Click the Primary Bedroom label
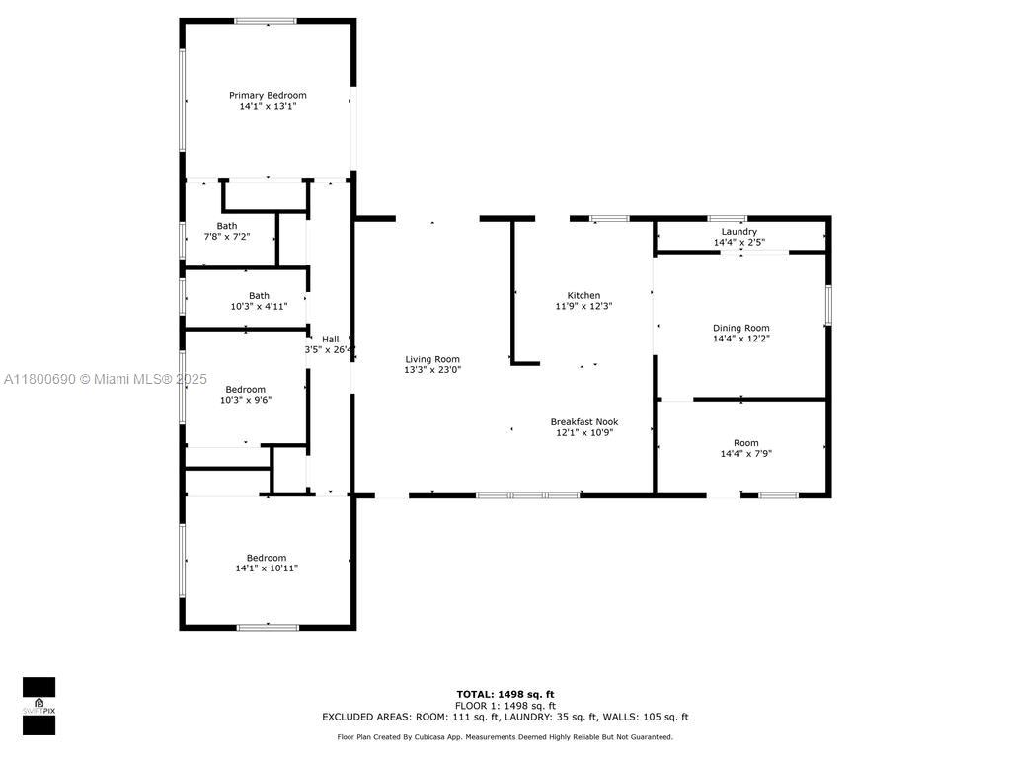point(268,95)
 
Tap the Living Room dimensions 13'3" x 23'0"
point(432,370)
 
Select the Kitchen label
point(583,295)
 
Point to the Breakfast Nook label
point(584,421)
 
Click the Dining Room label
point(740,328)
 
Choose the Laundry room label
point(739,231)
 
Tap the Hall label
point(330,340)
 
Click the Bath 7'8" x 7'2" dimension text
point(227,237)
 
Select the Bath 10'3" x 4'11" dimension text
point(259,306)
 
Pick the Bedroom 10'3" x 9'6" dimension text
point(246,400)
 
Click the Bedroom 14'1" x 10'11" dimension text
point(267,568)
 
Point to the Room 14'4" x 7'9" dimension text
point(746,453)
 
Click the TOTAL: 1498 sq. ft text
point(505,694)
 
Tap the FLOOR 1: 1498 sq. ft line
point(505,705)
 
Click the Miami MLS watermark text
point(105,379)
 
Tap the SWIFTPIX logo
point(39,706)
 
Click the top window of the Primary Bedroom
point(266,22)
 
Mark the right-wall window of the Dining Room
point(828,305)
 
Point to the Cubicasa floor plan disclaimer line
point(505,736)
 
